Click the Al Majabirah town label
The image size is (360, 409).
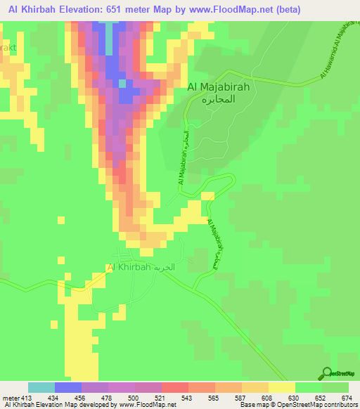(219, 86)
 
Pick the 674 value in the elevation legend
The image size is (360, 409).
(347, 398)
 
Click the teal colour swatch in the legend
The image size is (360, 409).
(41, 387)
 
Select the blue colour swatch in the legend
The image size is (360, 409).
(68, 387)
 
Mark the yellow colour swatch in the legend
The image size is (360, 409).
(282, 387)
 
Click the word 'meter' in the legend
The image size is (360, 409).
(7, 398)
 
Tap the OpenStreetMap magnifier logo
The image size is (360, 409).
(326, 372)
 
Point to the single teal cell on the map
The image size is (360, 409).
(122, 84)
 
